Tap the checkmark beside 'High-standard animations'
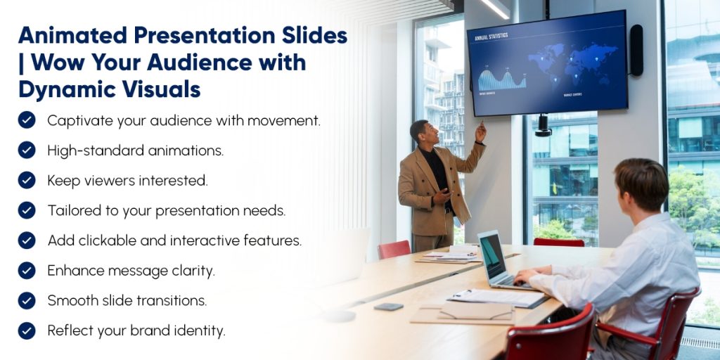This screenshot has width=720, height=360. coord(27,150)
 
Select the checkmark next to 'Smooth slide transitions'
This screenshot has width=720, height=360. coord(27,300)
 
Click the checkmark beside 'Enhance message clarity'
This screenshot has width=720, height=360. coord(27,271)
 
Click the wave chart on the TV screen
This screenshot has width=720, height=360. coord(502,79)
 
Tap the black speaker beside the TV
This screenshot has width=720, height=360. coord(636,50)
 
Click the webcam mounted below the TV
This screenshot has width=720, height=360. coord(543,126)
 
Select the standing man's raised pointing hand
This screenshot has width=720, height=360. coord(481,131)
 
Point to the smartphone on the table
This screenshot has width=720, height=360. coord(388,306)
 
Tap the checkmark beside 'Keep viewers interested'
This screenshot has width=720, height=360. coord(27,180)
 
